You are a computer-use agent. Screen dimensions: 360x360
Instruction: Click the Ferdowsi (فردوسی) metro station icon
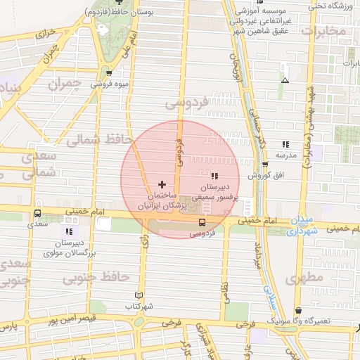tap(202, 222)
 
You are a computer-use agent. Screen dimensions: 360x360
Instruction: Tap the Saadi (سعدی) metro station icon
tap(37, 213)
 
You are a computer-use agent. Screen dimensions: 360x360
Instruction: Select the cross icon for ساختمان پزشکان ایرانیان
tap(162, 184)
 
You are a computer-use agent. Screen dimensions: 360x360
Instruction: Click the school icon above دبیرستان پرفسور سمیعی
tap(214, 175)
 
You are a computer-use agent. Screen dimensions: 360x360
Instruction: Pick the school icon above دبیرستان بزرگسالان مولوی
tap(69, 231)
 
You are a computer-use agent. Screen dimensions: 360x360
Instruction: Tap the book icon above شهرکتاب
tap(138, 295)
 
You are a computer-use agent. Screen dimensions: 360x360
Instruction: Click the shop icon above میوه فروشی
tap(108, 72)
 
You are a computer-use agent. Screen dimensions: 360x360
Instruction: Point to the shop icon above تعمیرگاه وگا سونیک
tap(299, 310)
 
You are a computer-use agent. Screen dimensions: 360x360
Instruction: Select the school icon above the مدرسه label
tap(285, 143)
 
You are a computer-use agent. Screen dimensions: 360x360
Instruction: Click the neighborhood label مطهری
tap(304, 278)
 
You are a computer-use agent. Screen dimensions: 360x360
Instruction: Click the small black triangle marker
tap(285, 80)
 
